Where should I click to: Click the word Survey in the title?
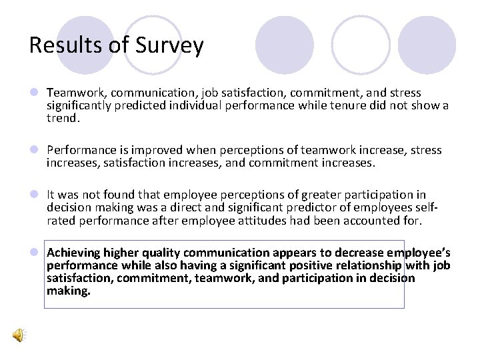coord(170,46)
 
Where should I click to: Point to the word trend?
coord(63,118)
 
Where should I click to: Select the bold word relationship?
coord(368,265)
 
